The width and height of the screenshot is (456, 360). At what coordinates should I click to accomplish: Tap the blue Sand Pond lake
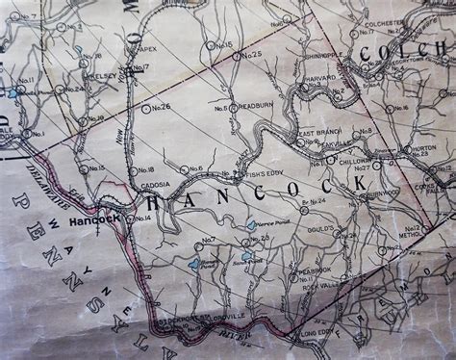(247, 256)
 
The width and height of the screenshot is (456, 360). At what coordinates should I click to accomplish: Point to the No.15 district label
(96, 167)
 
